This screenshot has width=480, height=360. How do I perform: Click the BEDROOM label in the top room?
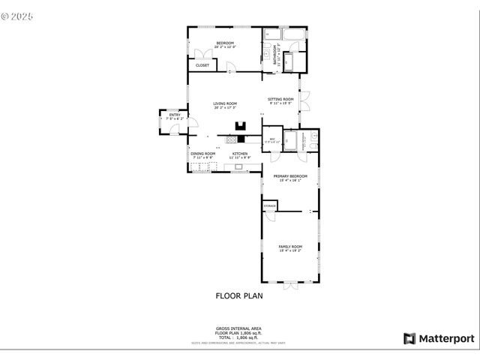pos(225,43)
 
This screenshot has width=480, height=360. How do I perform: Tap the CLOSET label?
pos(202,65)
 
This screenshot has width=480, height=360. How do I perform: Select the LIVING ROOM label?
pos(225,104)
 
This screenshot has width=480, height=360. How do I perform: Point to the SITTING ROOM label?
pos(280,99)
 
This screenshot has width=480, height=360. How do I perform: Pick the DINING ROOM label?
pos(202,154)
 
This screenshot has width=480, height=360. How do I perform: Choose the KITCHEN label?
pos(239,154)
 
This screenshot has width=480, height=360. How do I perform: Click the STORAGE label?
pos(269,205)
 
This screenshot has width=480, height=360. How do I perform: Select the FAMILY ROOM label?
pos(290,247)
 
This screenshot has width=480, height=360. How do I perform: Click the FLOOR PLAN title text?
pos(239,295)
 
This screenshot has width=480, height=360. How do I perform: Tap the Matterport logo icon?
pos(409,338)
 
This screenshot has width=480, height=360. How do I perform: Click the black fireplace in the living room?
pos(240,127)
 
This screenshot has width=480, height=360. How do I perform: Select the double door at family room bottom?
pos(290,283)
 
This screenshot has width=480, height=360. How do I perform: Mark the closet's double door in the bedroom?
pos(200,54)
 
